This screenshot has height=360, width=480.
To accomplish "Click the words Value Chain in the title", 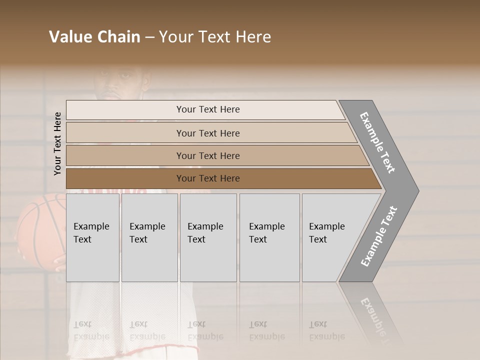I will (94, 37).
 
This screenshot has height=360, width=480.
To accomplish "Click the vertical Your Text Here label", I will (57, 143).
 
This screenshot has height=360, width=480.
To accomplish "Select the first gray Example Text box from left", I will (92, 237).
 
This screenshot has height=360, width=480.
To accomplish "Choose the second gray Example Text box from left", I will (149, 237).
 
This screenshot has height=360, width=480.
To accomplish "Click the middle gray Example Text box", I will (208, 237).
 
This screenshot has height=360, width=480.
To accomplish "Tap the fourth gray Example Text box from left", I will (269, 237).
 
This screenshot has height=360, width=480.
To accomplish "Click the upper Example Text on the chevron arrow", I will (378, 142).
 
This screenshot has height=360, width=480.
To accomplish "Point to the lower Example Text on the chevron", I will (379, 236).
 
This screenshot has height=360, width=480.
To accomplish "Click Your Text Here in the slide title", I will (215, 37).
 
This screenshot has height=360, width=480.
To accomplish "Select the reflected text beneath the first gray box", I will (91, 330).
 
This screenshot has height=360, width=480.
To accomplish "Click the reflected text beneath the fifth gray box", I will (326, 330).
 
